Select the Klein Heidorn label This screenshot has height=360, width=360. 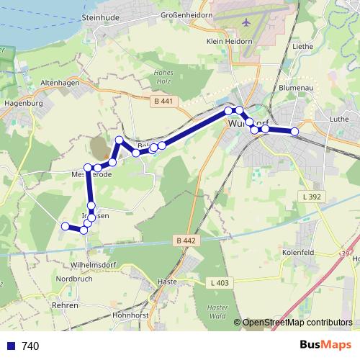pyautogui.click(x=229, y=41)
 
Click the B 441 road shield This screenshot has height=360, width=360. pyautogui.click(x=163, y=102)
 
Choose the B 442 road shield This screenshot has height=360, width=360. pyautogui.click(x=184, y=240)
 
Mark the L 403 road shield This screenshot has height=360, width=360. pyautogui.click(x=220, y=283)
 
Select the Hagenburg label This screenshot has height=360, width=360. pyautogui.click(x=24, y=103)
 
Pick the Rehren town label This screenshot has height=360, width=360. pyautogui.click(x=65, y=305)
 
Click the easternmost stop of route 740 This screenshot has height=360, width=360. pyautogui.click(x=294, y=132)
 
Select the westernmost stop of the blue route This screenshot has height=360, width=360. pyautogui.click(x=65, y=227)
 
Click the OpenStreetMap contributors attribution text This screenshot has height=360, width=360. pyautogui.click(x=297, y=323)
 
